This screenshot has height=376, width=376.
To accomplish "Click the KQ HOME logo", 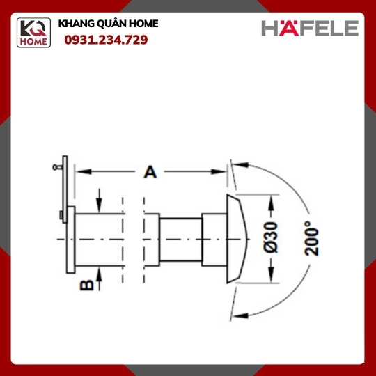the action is [33, 33].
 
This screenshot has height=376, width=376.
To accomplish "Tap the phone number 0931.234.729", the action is [106, 40].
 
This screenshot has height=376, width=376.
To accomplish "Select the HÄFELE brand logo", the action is [310, 28].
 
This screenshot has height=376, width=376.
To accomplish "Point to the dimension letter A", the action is [150, 172].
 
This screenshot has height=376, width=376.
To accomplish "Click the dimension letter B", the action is [87, 285].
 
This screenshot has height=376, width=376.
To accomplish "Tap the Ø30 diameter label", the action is [271, 237].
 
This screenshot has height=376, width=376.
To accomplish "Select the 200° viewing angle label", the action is [311, 238].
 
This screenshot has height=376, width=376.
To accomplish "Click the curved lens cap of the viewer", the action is [236, 239].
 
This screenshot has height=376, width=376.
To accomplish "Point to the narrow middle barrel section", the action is [181, 240].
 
